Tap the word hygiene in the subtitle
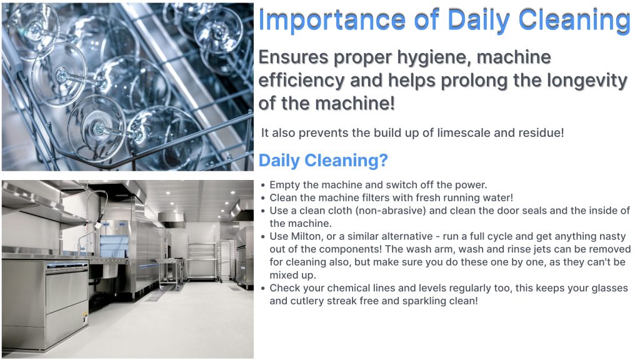(433, 57)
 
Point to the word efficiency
(302, 81)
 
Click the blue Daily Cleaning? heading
(323, 161)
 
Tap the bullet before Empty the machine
(263, 185)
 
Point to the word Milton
(306, 236)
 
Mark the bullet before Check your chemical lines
(263, 289)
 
